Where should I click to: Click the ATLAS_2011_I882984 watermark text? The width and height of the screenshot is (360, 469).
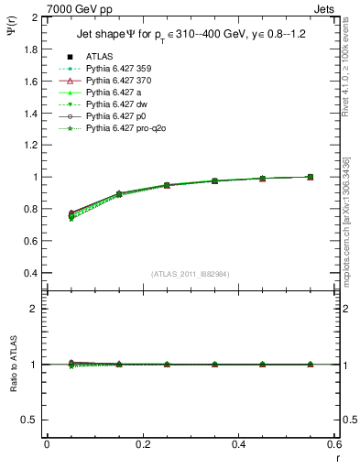coord(191,274)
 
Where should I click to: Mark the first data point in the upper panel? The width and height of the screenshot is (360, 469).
coord(71,214)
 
